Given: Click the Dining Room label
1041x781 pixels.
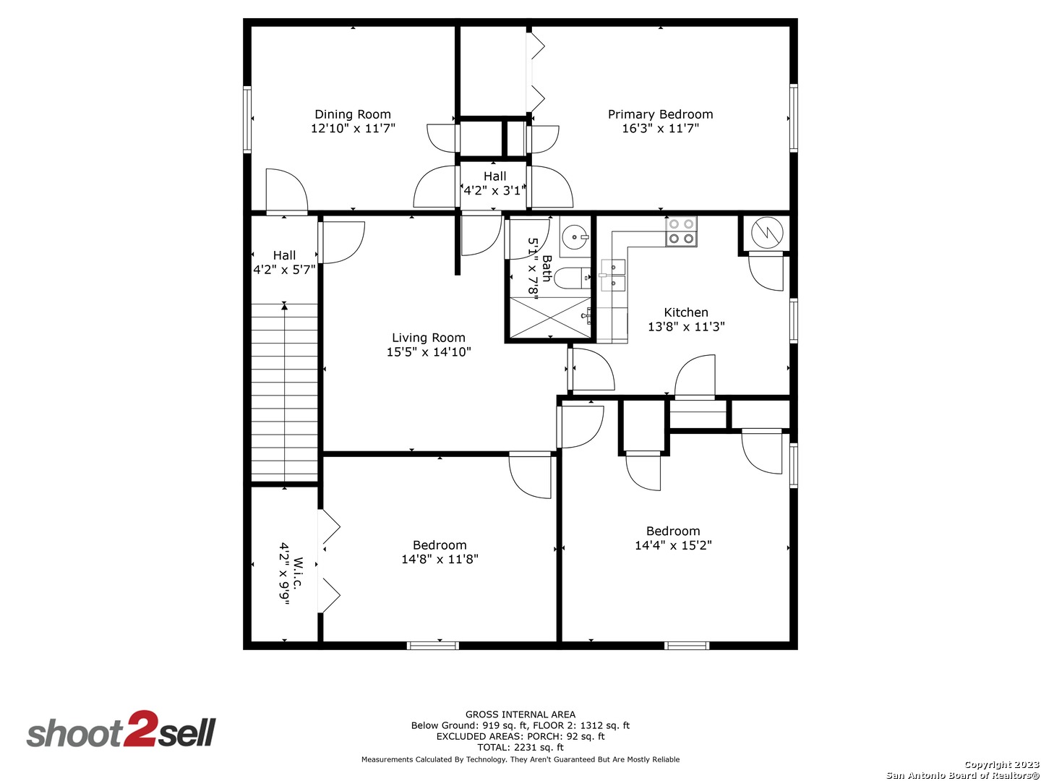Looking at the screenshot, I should (x=353, y=114).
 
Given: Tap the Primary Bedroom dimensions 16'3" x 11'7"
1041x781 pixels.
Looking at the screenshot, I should (x=660, y=129).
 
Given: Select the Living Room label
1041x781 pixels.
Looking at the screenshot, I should (x=429, y=338).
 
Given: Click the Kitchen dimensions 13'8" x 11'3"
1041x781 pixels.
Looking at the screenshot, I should (x=686, y=327).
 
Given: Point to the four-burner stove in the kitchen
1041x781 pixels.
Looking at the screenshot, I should (x=681, y=231).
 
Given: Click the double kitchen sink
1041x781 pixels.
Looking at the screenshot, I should (x=612, y=275).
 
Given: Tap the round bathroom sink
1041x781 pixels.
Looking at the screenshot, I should (x=575, y=236).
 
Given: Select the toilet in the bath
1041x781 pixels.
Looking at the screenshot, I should (x=576, y=278).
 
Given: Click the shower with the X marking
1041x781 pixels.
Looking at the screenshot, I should (x=550, y=317).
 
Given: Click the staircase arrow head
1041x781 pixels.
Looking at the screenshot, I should (x=284, y=307).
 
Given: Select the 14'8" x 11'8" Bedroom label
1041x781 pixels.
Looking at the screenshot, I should (x=440, y=545).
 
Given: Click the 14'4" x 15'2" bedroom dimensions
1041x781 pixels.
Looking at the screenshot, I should (x=673, y=546).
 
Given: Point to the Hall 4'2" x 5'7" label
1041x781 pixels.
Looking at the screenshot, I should (x=284, y=263).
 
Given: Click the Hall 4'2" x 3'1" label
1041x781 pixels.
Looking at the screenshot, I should (x=494, y=184).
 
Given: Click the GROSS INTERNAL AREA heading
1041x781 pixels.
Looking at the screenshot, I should (x=520, y=714).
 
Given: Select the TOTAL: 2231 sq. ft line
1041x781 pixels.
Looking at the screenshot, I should (x=520, y=748).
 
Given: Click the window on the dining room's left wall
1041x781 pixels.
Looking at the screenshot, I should (x=247, y=119).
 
